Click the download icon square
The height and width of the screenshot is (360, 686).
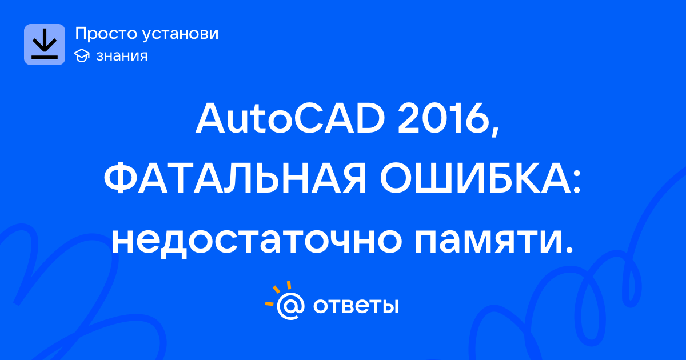pos(45,45)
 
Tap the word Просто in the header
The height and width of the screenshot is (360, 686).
pos(106,34)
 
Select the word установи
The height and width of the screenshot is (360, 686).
pos(181,34)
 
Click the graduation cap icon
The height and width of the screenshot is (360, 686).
pos(82,55)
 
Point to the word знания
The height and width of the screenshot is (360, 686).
pos(122,56)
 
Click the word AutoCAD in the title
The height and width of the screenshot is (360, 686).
pos(290,118)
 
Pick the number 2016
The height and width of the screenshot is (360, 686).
pos(443,118)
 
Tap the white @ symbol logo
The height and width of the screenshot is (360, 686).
pos(290,306)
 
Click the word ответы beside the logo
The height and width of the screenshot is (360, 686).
pos(356,306)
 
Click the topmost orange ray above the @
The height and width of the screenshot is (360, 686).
pos(289,285)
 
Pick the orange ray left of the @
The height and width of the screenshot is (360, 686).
pos(269,303)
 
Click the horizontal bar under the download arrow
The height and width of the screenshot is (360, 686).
pos(45,57)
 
